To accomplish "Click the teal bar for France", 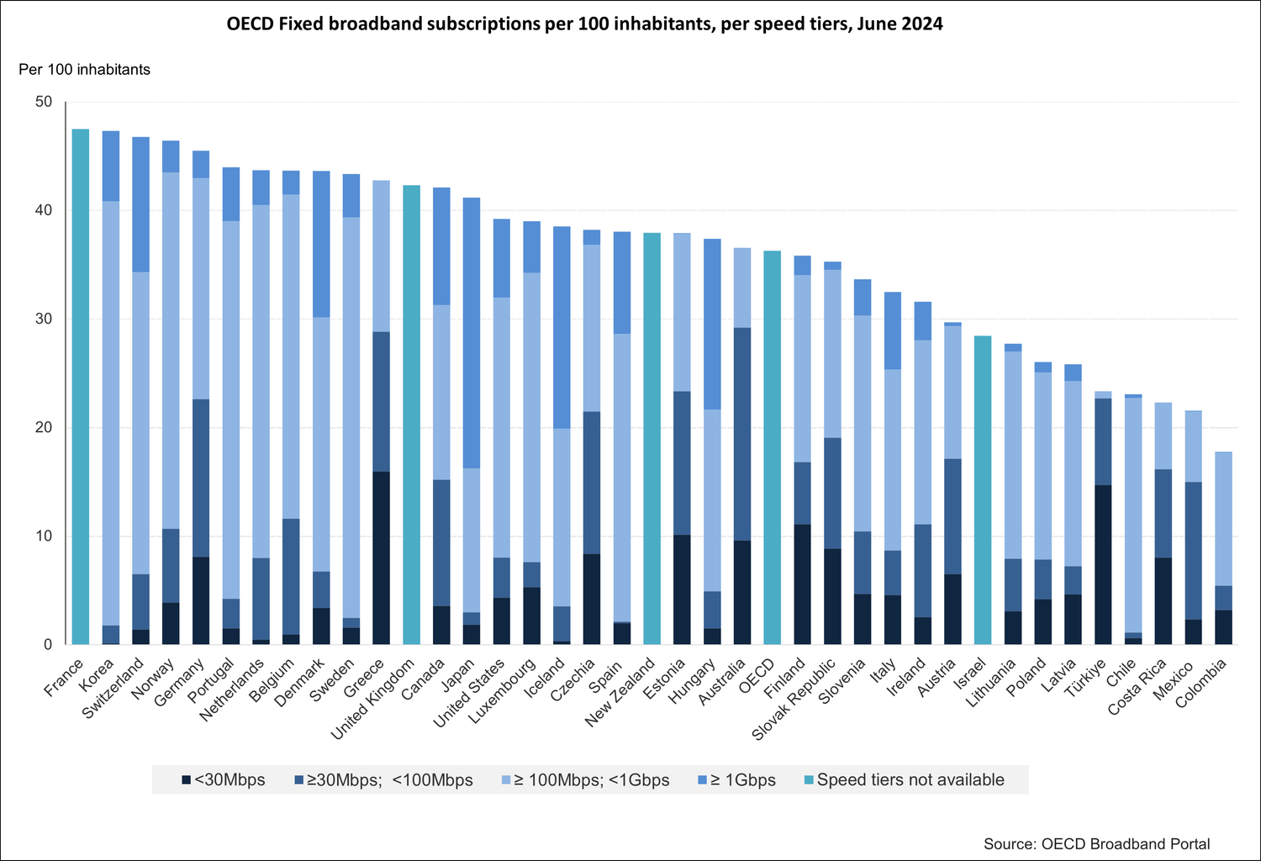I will pyautogui.click(x=81, y=387).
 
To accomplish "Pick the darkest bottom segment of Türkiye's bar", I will pyautogui.click(x=1103, y=564).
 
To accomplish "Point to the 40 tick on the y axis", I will pyautogui.click(x=43, y=210).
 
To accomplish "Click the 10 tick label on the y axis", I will pyautogui.click(x=43, y=536).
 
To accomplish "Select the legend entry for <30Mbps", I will pyautogui.click(x=223, y=779).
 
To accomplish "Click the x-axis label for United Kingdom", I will pyautogui.click(x=375, y=700).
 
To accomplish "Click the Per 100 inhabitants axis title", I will pyautogui.click(x=84, y=70).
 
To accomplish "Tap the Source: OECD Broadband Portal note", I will pyautogui.click(x=1096, y=843).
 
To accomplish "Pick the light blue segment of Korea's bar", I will pyautogui.click(x=111, y=413).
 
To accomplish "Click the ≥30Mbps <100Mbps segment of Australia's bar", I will pyautogui.click(x=742, y=434).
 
